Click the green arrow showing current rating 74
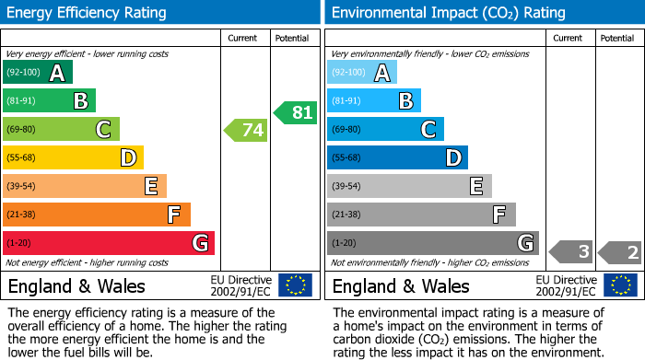246,130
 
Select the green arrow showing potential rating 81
295,112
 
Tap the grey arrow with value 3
571,251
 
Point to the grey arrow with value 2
620,251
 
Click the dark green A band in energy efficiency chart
37,73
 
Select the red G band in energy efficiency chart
108,243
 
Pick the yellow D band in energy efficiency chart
73,157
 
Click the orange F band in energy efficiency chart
96,215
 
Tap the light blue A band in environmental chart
361,73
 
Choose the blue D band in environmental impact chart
397,157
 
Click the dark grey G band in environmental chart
432,243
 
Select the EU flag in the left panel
295,285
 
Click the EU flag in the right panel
621,285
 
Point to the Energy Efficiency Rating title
88,13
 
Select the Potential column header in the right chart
617,38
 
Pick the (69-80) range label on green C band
22,130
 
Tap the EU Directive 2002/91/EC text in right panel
567,285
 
